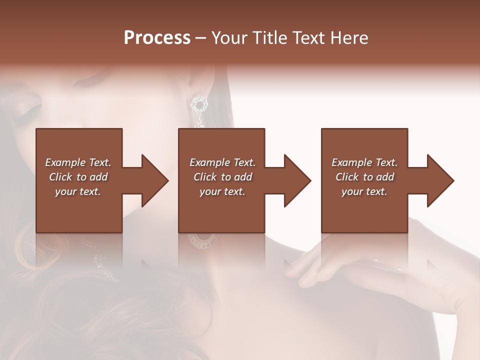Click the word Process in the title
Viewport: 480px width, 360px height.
click(x=157, y=38)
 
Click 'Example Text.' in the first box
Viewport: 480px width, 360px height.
click(x=78, y=162)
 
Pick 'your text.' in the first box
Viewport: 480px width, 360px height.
click(x=78, y=191)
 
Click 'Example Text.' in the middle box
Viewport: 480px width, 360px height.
click(x=222, y=162)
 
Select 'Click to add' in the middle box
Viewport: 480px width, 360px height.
click(x=222, y=177)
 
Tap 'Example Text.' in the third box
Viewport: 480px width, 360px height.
click(x=364, y=162)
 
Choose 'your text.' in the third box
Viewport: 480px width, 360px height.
click(x=364, y=191)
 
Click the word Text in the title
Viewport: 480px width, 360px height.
click(x=309, y=38)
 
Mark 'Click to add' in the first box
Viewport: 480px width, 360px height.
click(x=78, y=177)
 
